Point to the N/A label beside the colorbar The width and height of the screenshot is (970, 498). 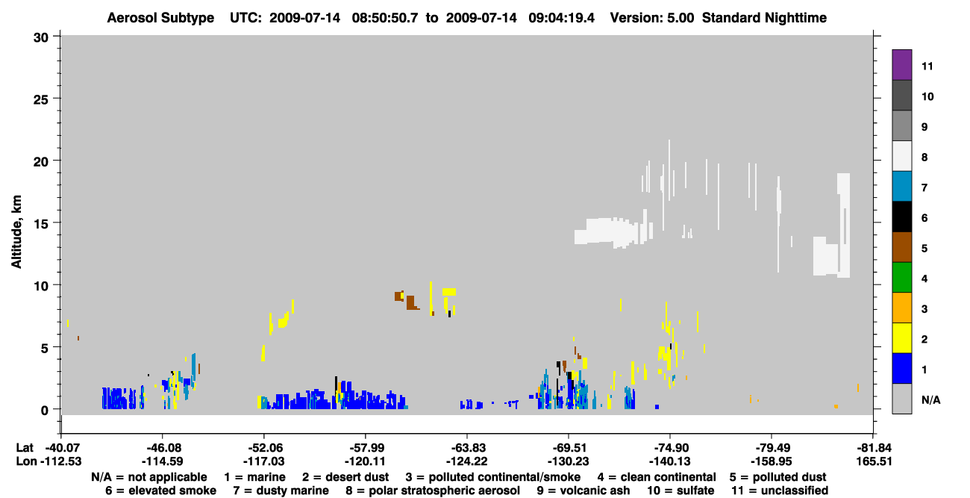[930, 399]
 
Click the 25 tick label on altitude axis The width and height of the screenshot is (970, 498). [41, 100]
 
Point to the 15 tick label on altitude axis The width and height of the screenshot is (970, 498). [41, 224]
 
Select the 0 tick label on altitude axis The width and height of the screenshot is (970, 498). [45, 411]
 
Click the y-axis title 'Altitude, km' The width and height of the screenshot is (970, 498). [16, 232]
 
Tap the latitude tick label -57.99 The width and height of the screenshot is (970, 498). [366, 447]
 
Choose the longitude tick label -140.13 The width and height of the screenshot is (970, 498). [670, 461]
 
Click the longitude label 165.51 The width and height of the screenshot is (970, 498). [874, 461]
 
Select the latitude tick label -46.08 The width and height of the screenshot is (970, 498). [163, 447]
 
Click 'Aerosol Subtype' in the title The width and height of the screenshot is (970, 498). [160, 18]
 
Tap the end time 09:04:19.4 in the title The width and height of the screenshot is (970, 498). [561, 18]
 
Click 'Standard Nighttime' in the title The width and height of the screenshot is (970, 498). [764, 18]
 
